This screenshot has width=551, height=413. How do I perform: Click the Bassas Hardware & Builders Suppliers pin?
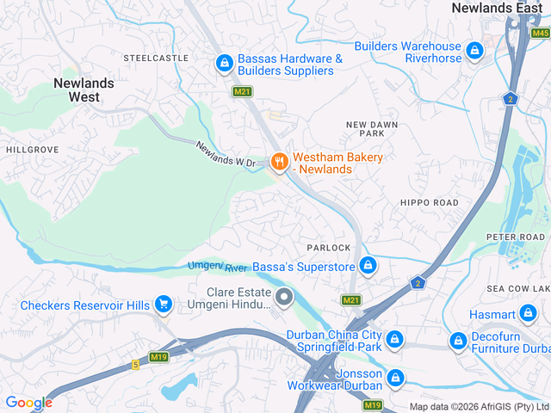[x=224, y=63]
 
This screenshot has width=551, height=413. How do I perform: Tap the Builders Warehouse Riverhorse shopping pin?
[x=474, y=52]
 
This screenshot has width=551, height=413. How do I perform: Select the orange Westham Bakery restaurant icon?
[x=278, y=161]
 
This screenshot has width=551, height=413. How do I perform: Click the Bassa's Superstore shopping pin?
[x=368, y=265]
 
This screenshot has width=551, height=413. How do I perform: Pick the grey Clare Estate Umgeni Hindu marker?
[x=284, y=299]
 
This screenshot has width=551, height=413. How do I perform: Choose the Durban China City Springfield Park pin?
[x=394, y=339]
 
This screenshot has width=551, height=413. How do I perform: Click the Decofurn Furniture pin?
[x=458, y=342]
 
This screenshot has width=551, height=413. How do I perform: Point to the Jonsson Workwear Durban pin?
[x=395, y=377]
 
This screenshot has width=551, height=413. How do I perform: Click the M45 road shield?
[x=540, y=33]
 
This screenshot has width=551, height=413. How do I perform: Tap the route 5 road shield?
[x=135, y=365]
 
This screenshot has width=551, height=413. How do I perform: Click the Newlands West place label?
[x=83, y=90]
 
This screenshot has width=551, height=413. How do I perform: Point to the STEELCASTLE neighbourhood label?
[x=155, y=58]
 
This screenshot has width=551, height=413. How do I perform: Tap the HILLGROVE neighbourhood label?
[x=32, y=149]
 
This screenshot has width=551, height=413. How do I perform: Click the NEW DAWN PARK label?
[x=371, y=129]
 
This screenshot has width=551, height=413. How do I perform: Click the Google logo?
[x=28, y=403]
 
